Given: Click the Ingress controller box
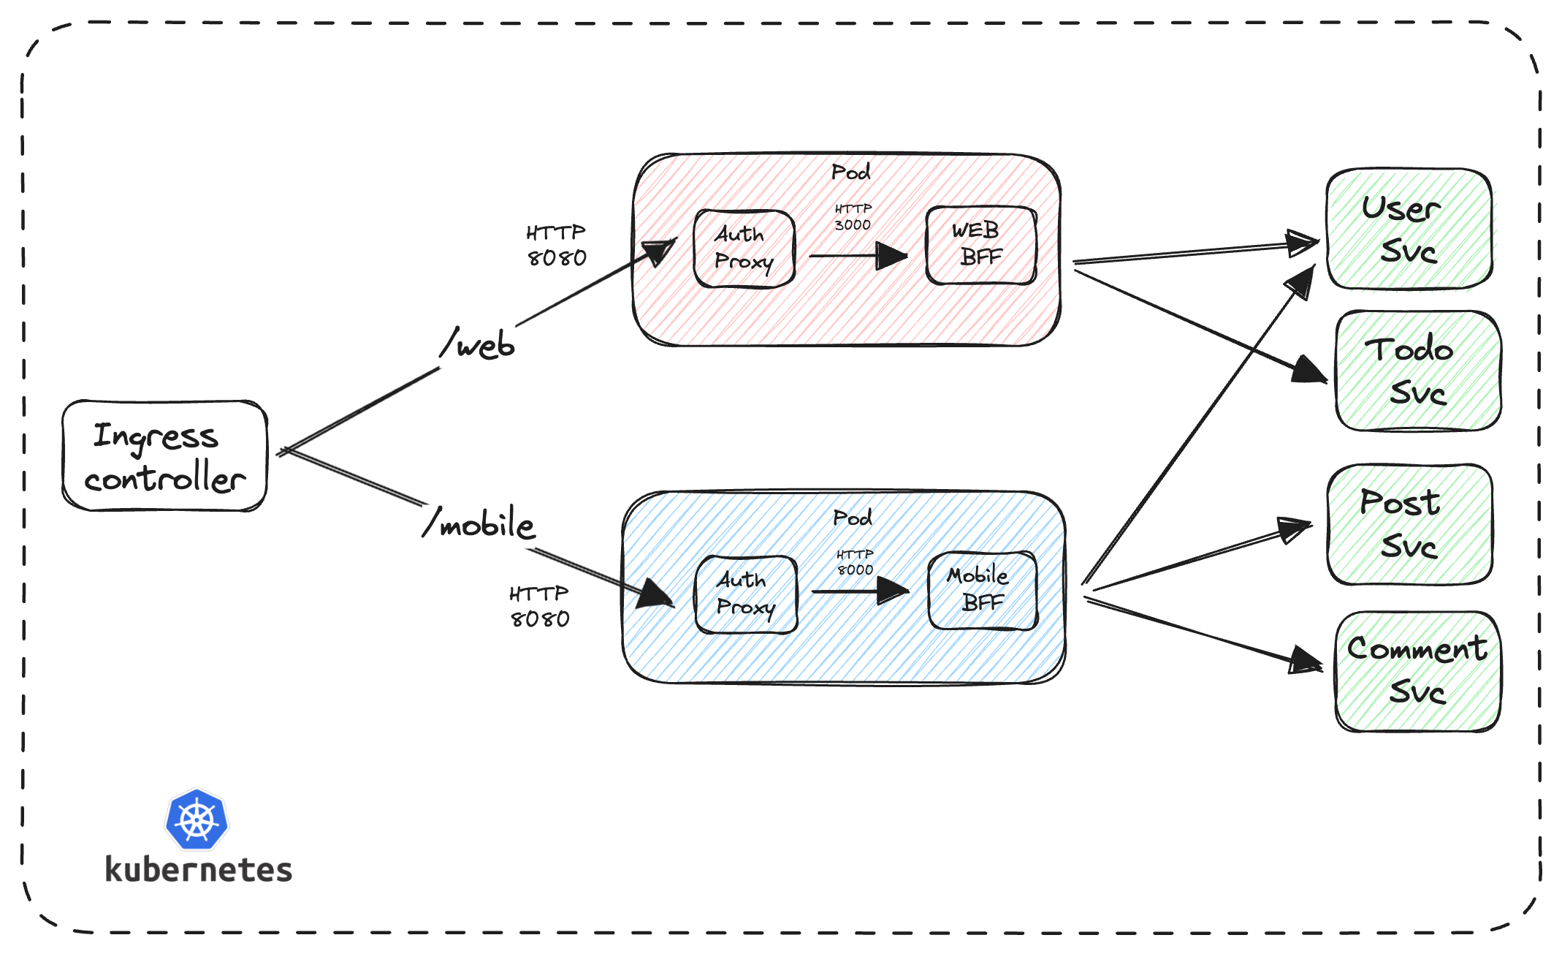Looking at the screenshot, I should tap(165, 455).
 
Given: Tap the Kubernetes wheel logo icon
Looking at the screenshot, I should tap(197, 819).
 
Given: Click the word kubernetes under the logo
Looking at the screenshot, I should tap(199, 870).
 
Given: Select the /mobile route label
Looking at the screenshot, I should tap(480, 523).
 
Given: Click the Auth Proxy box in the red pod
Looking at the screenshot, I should tap(744, 249).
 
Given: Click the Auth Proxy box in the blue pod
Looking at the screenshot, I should tap(746, 594).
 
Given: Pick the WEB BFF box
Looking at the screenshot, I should tap(980, 245).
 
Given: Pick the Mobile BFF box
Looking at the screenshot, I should tap(982, 590).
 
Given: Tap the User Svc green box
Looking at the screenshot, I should tap(1409, 229).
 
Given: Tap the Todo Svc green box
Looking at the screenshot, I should tap(1417, 371).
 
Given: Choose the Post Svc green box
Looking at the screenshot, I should tap(1409, 524).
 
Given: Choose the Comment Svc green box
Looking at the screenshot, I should tap(1417, 671).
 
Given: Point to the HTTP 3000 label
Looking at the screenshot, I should tap(853, 217).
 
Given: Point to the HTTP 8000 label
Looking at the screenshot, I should tap(854, 562).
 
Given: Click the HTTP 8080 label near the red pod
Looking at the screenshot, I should tap(556, 246).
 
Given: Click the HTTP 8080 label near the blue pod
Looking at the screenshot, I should tap(539, 607).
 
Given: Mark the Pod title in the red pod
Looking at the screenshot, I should tap(850, 173).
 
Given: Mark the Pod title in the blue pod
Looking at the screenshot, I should tap(852, 518).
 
